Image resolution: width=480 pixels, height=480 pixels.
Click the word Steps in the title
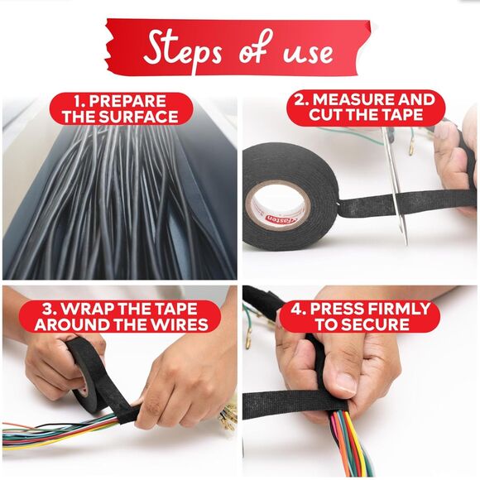tap(183, 49)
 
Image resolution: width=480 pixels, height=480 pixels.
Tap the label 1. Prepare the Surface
tap(121, 108)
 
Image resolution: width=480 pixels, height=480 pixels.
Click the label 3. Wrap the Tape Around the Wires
tap(121, 316)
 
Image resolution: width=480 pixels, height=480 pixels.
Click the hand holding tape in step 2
tap(456, 166)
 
